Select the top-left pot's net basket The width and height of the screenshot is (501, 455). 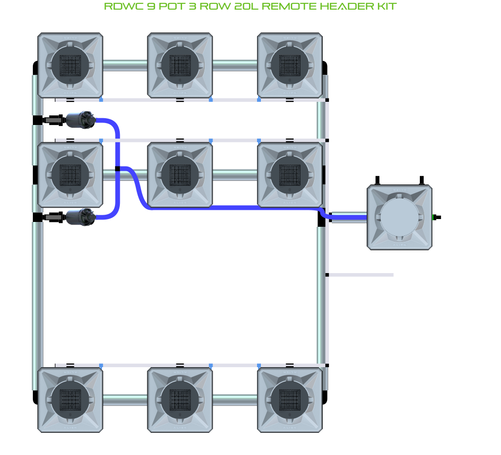[70, 65]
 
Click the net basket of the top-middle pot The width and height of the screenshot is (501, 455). [180, 65]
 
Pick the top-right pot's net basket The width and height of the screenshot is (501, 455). [289, 65]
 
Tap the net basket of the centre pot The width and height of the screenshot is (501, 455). [180, 174]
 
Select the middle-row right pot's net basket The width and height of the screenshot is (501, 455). [289, 174]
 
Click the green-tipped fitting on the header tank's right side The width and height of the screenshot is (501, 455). [436, 217]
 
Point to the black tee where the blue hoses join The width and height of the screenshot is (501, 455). [117, 168]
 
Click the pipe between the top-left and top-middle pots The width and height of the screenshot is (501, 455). [125, 65]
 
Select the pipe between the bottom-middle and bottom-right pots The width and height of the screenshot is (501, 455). [235, 400]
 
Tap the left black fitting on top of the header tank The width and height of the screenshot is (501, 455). [378, 180]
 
